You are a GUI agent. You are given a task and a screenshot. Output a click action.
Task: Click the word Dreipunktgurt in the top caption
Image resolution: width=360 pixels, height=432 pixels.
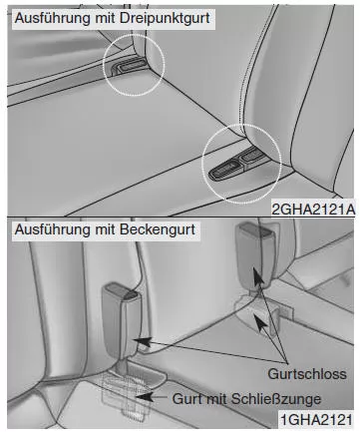tap(165, 18)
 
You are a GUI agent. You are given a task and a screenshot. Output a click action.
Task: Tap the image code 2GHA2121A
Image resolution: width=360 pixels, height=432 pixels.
tap(313, 210)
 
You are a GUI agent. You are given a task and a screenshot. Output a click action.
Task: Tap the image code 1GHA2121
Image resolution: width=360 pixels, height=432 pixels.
tap(316, 419)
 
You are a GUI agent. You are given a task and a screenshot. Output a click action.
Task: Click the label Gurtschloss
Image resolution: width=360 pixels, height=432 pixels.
tap(307, 374)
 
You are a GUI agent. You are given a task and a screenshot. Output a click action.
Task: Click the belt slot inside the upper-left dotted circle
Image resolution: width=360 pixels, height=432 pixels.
tap(129, 67)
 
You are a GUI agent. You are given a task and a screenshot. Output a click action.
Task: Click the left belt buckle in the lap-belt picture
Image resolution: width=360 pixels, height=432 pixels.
tap(121, 320)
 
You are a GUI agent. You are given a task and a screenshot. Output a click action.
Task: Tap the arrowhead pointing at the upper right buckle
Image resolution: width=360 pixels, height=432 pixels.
tap(258, 275)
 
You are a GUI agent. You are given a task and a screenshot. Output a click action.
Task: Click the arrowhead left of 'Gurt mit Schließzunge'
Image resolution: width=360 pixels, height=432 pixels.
tap(145, 396)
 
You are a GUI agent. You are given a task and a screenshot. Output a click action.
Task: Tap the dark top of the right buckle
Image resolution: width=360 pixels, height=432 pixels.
tap(256, 229)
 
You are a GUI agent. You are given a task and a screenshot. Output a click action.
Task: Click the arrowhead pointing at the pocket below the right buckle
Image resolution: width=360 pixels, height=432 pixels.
tap(260, 321)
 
